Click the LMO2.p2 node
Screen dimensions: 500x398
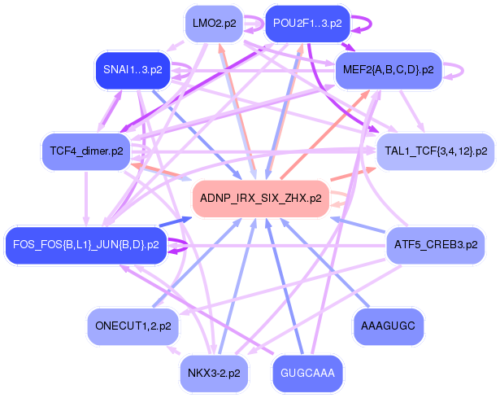215,24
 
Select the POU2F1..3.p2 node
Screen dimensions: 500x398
307,24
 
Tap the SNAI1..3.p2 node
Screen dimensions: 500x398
133,70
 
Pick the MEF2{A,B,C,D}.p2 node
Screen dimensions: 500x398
389,70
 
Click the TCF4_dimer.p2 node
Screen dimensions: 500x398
86,151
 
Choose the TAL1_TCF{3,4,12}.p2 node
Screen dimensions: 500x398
436,151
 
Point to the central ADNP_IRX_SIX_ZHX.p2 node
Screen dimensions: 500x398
260,199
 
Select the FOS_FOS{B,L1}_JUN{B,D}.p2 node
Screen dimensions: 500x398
86,245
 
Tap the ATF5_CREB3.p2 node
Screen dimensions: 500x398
436,245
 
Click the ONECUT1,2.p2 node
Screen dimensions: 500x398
133,326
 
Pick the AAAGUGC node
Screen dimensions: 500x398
388,326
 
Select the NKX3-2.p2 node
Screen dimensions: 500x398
214,373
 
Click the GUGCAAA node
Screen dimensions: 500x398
307,373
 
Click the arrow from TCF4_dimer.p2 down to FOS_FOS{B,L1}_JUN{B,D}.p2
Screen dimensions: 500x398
86,199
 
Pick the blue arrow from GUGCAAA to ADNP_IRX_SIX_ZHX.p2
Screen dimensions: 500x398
285,286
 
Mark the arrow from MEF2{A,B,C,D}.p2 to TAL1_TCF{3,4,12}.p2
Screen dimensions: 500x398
412,111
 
